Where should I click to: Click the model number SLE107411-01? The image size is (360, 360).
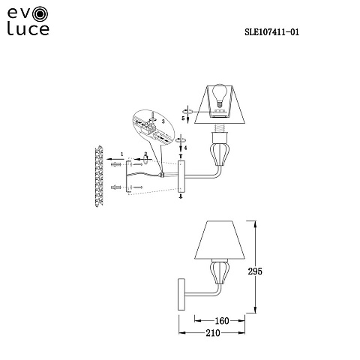(x=271, y=32)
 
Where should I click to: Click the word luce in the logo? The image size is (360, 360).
(x=28, y=28)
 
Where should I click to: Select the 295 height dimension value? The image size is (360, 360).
(x=255, y=271)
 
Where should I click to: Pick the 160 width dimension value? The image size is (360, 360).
(x=222, y=321)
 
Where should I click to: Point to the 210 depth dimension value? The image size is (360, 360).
(x=213, y=333)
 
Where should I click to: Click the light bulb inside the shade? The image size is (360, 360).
(x=220, y=95)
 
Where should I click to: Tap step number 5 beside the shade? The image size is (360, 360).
(x=183, y=118)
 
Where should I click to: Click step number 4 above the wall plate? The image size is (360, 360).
(x=185, y=148)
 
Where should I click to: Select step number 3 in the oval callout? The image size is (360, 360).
(x=163, y=121)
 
